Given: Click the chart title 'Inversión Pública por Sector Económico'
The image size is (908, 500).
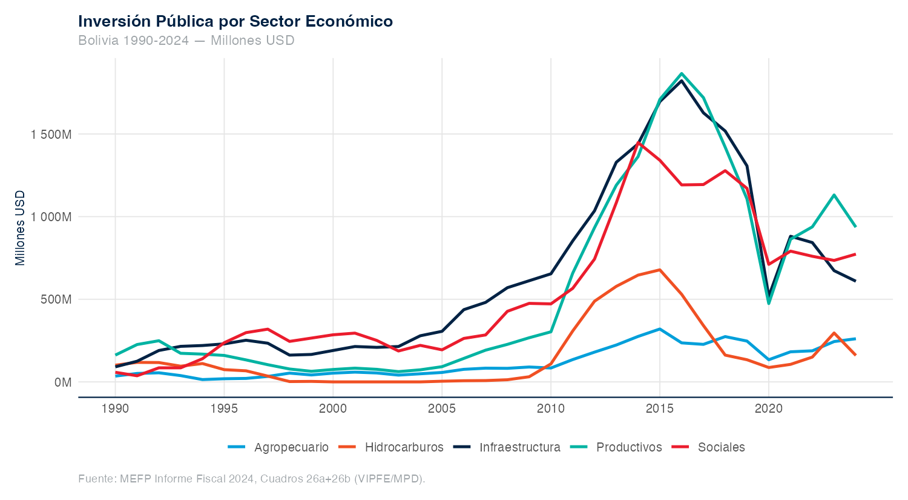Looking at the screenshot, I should coord(235,21).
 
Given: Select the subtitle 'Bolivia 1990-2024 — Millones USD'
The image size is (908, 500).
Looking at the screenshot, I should coord(186,41).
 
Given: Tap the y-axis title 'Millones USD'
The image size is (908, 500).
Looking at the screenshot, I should coord(21,228).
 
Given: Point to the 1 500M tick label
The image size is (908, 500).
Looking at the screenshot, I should coord(51,134).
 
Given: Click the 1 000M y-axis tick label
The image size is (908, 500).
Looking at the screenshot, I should coord(51,217).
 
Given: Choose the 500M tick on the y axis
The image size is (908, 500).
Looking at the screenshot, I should coord(56,299).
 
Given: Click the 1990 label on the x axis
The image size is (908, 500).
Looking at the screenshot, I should coord(115,408).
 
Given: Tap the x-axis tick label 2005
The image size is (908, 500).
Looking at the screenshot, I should coord(442,408).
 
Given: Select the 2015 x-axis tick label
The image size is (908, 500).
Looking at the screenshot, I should coord(660,408).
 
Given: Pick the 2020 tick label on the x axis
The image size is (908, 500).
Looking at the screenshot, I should coord(769,408).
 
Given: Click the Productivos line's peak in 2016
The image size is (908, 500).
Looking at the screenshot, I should coord(682,73).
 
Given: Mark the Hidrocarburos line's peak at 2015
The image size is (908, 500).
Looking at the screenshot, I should coord(660,270).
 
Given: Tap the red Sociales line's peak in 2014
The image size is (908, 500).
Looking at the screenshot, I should coord(638,142).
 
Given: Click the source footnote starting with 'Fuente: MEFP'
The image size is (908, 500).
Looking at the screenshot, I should coord(252,479).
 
